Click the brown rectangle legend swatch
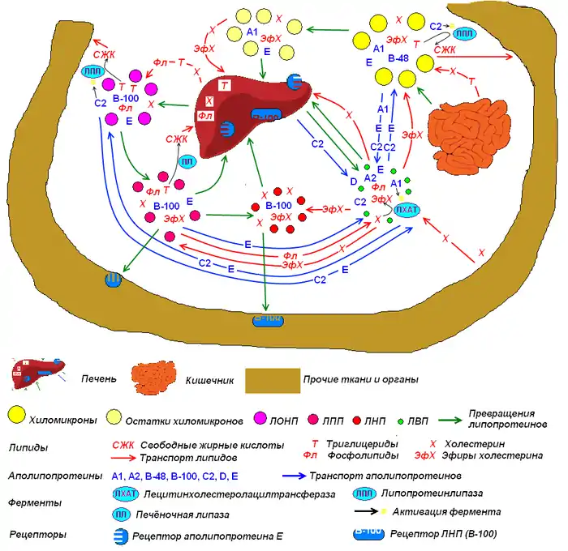click(x=272, y=378)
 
